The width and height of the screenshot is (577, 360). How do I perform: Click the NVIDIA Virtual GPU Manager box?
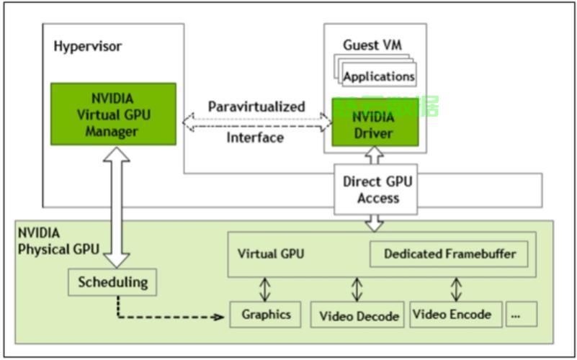[x=113, y=114]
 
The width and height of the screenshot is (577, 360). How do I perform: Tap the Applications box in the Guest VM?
[x=379, y=76]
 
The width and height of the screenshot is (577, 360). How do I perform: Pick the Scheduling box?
[x=112, y=282]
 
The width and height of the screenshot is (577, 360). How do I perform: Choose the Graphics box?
[x=266, y=315]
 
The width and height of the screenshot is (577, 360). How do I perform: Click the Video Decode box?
[x=358, y=315]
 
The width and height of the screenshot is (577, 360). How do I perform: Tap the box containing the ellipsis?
[x=521, y=315]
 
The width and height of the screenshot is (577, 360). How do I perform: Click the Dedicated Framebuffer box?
[x=449, y=254]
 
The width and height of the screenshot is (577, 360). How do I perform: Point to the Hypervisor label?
[x=87, y=47]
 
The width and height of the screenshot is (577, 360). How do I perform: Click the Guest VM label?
[x=372, y=45]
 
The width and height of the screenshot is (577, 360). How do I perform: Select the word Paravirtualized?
[x=256, y=107]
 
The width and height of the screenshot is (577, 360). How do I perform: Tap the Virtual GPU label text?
[x=270, y=254]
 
